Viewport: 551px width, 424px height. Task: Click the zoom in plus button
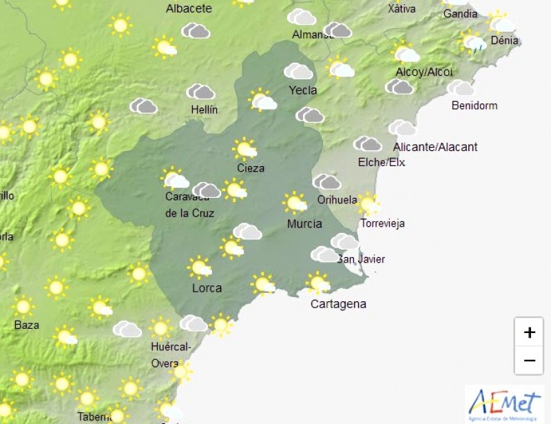[x=529, y=333]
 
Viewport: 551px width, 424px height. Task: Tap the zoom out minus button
[x=529, y=360]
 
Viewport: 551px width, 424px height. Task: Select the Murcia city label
[x=304, y=223]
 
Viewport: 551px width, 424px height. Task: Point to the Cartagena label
[x=338, y=304]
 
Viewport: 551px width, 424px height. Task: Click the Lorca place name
[x=207, y=287]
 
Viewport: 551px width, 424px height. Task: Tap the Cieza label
[x=250, y=168]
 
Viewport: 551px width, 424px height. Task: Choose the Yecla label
[x=303, y=90]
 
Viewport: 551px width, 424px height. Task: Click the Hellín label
[x=205, y=110]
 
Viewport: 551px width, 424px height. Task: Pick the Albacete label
[x=189, y=9]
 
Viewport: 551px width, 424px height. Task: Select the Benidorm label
[x=474, y=105]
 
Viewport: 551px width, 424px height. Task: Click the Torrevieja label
[x=383, y=223]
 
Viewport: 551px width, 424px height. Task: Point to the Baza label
[x=27, y=325]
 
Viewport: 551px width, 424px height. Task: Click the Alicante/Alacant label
[x=435, y=147]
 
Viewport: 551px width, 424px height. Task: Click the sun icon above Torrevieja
[x=368, y=203]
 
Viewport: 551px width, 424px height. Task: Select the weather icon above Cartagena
[x=318, y=282]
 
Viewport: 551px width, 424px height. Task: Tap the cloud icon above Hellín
[x=201, y=92]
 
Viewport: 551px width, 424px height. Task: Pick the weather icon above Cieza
[x=245, y=148]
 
